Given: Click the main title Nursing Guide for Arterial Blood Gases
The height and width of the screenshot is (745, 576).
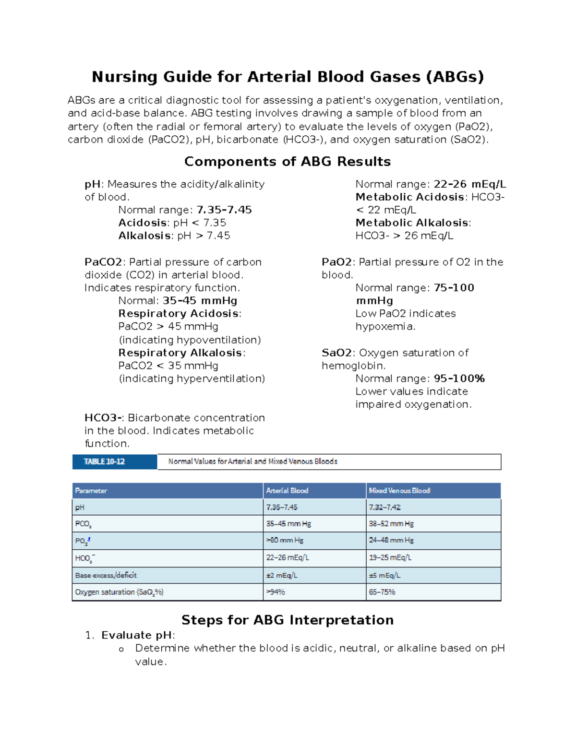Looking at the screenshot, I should [x=288, y=77].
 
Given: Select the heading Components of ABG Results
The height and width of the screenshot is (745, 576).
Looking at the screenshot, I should [x=288, y=162].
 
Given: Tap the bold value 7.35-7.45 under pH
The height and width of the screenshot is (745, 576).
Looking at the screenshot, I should [x=224, y=210].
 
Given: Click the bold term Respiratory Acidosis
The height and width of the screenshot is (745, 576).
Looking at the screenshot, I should [x=179, y=314].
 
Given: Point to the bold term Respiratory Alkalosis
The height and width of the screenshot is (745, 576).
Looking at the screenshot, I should [x=180, y=353].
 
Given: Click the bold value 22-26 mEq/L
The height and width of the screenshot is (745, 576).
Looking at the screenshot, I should [x=469, y=184].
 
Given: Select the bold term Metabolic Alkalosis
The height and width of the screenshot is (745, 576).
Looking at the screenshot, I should [x=412, y=223].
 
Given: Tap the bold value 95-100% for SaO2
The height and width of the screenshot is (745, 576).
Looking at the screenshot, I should [x=459, y=379].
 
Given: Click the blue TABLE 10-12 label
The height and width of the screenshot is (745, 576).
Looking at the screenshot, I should [x=105, y=461].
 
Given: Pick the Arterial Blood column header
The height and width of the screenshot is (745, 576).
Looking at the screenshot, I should [x=287, y=491].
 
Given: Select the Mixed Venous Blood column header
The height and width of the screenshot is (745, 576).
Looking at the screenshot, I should [x=399, y=491].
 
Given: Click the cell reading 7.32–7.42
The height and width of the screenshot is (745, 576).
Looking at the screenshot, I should [x=384, y=508].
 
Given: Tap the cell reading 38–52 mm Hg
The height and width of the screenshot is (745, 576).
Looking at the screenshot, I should [x=391, y=524].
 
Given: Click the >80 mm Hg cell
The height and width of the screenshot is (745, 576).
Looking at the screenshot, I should [x=285, y=541].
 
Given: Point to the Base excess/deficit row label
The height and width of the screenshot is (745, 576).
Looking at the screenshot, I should [x=106, y=575].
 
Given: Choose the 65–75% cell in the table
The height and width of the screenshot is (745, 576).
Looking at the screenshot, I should [x=382, y=592].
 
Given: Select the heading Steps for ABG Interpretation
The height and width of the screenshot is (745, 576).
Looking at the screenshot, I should [x=288, y=620].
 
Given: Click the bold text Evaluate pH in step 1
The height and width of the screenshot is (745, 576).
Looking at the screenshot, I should [x=137, y=636].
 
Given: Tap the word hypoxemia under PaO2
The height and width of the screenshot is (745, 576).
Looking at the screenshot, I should [x=384, y=327].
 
